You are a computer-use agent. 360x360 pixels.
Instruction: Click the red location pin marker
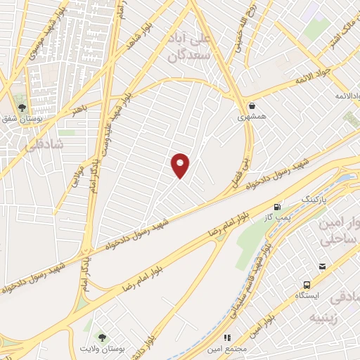click(181, 165)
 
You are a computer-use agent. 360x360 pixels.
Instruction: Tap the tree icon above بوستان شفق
click(22, 108)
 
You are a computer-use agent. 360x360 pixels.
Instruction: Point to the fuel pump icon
click(279, 207)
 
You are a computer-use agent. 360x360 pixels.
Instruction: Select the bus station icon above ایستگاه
click(307, 284)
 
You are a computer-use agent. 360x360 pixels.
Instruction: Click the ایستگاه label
click(307, 296)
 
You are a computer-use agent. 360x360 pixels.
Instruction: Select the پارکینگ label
click(314, 200)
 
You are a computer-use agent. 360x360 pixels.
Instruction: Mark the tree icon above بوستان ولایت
click(102, 337)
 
